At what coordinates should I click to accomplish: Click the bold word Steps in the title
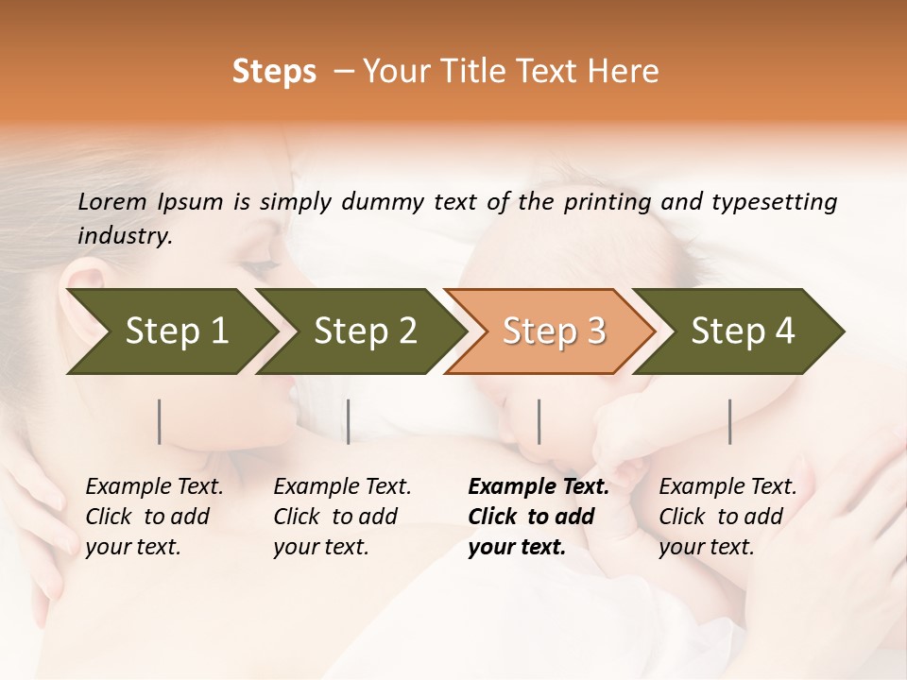[x=274, y=73]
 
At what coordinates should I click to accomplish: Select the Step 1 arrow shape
[x=170, y=331]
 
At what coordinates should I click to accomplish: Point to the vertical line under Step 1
[x=160, y=421]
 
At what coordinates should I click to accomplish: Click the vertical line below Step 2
[x=349, y=421]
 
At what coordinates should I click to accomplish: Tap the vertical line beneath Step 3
[x=539, y=421]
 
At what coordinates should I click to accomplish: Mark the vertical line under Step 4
[x=729, y=421]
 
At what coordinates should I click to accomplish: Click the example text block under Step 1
[x=154, y=517]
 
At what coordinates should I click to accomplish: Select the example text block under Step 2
[x=342, y=517]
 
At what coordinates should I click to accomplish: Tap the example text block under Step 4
[x=727, y=517]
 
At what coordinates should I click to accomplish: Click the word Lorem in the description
[x=112, y=202]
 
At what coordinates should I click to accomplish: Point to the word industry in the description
[x=124, y=236]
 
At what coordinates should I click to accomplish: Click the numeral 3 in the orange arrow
[x=596, y=331]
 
